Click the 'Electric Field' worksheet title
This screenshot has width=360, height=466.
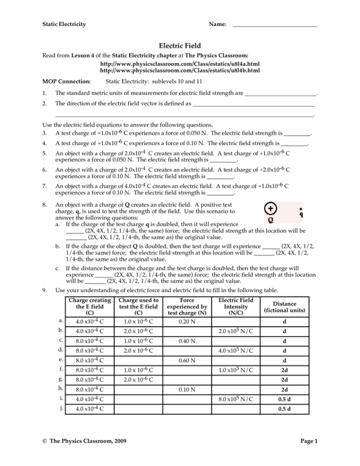click(x=180, y=46)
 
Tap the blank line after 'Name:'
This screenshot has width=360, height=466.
click(x=275, y=24)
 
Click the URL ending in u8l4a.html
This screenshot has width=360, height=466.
click(x=180, y=63)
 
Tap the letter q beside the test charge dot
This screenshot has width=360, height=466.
click(x=301, y=215)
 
